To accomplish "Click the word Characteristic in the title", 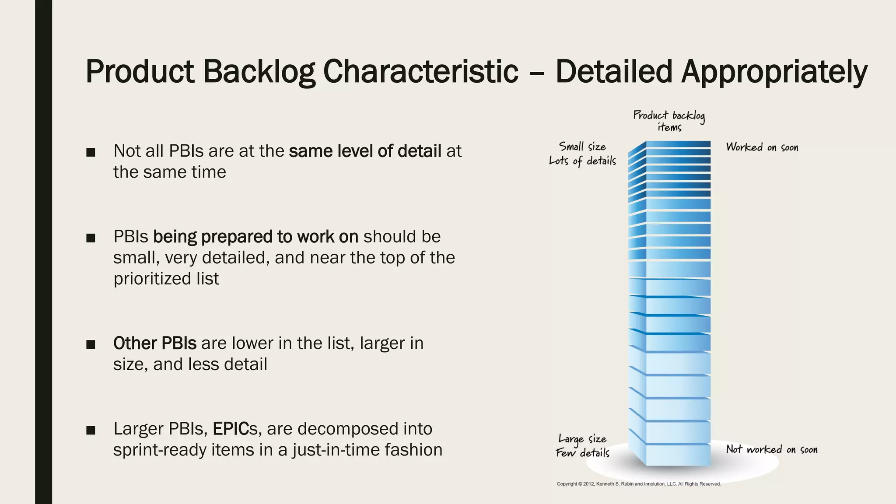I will pyautogui.click(x=420, y=71).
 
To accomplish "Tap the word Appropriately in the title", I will pyautogui.click(x=774, y=71).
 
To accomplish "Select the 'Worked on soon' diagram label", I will pyautogui.click(x=762, y=147).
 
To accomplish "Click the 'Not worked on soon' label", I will pyautogui.click(x=772, y=449).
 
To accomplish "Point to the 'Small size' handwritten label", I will pyautogui.click(x=582, y=147).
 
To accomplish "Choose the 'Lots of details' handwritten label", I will pyautogui.click(x=582, y=161).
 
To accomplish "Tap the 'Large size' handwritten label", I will pyautogui.click(x=582, y=439).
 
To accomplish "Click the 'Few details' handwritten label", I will pyautogui.click(x=582, y=453).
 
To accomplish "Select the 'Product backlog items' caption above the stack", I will pyautogui.click(x=669, y=121).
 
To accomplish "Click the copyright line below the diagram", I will pyautogui.click(x=638, y=484).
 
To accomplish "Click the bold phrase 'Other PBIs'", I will pyautogui.click(x=155, y=343).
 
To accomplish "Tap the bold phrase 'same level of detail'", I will pyautogui.click(x=365, y=151).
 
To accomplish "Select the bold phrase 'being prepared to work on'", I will pyautogui.click(x=255, y=237).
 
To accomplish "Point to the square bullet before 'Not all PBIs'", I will pyautogui.click(x=91, y=152).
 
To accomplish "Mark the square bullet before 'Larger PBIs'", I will pyautogui.click(x=91, y=430).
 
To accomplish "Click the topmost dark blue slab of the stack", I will pyautogui.click(x=678, y=144).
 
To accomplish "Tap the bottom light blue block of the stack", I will pyautogui.click(x=678, y=455).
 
